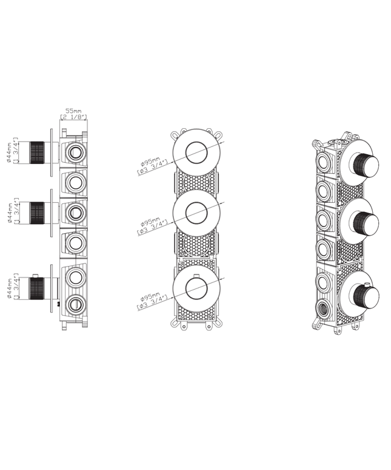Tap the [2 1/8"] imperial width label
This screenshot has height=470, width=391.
tap(73, 117)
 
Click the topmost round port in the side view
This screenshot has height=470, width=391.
tap(76, 152)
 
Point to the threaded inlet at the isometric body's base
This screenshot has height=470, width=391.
tap(322, 308)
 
